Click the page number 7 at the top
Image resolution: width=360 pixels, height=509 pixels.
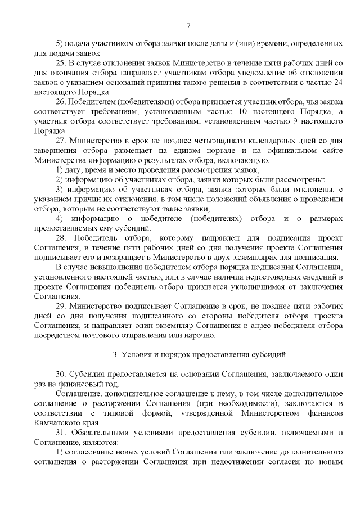pos(188,25)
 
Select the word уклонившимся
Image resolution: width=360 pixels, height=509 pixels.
pos(236,287)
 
